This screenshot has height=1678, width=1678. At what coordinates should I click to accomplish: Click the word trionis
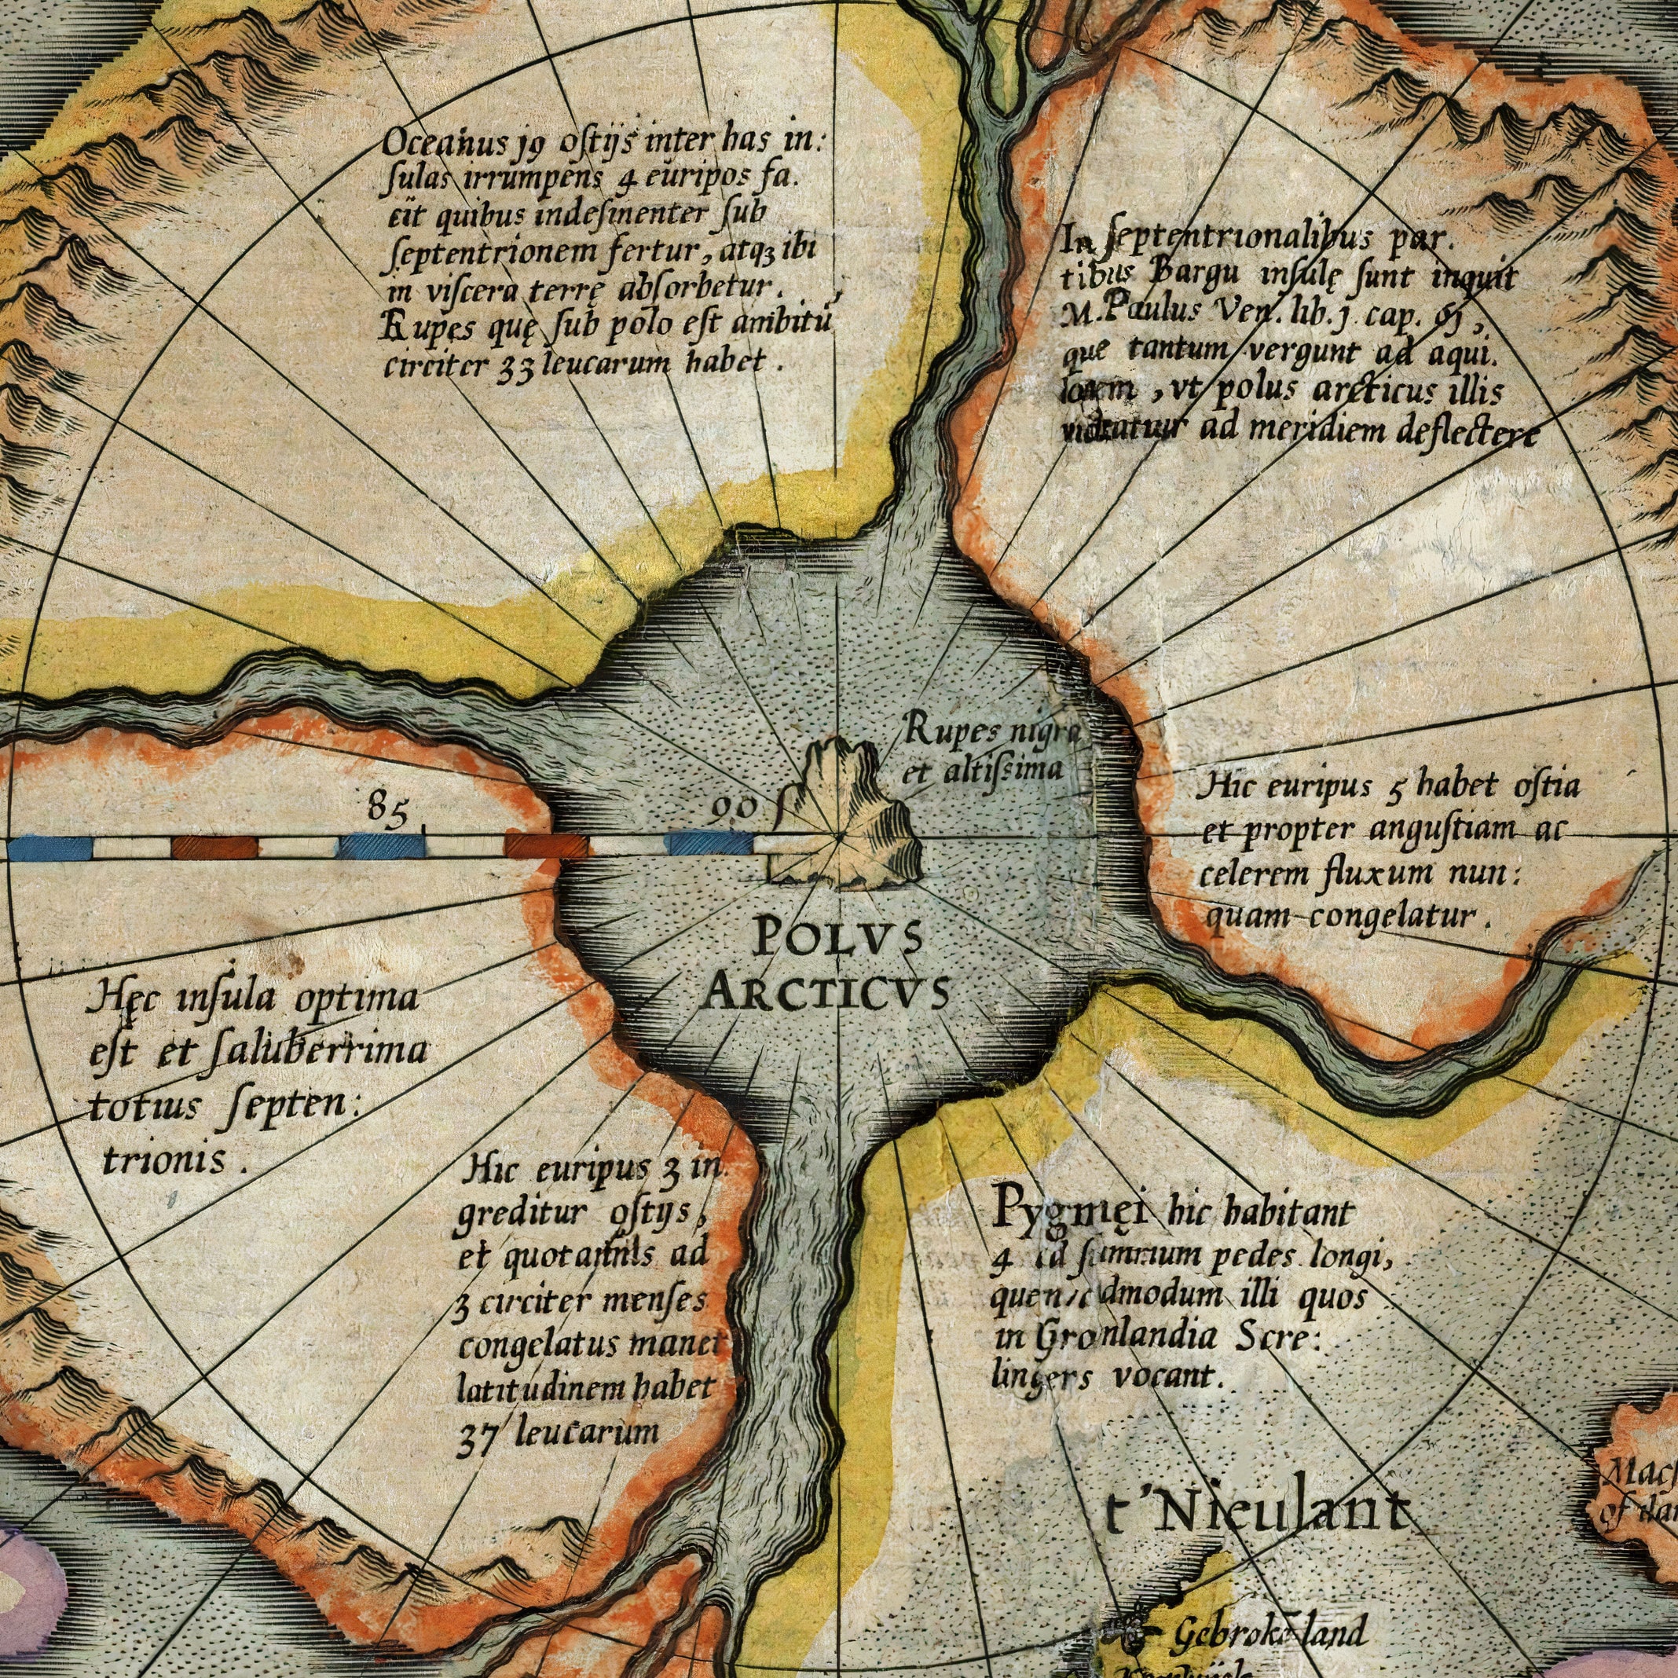click(x=165, y=1160)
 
